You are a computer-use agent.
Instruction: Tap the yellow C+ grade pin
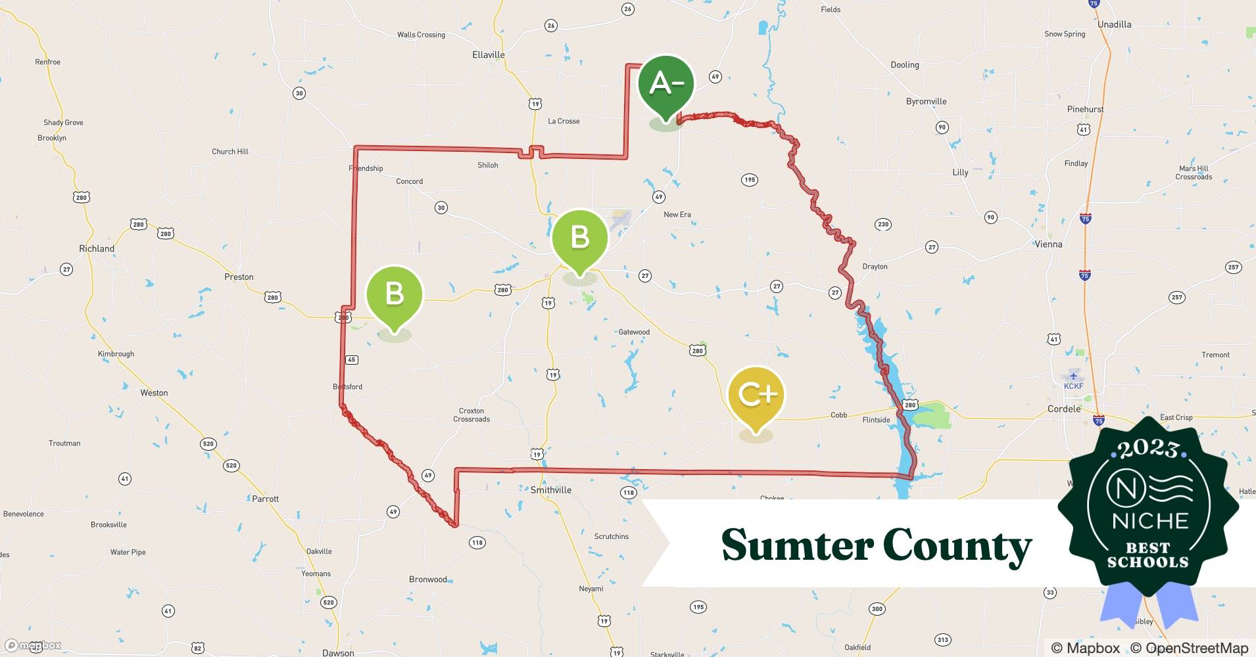756,396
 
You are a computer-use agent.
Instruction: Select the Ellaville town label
488,55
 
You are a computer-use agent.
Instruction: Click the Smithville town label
551,490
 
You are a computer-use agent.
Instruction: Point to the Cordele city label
1063,409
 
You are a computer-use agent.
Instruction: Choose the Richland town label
97,248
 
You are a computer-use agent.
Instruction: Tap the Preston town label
239,277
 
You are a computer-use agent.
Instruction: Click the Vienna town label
1048,244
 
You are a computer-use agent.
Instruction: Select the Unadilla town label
1114,24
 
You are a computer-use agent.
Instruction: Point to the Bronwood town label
428,579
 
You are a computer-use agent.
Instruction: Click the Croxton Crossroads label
471,415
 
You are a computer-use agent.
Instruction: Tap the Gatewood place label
634,332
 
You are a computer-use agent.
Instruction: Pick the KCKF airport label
1073,386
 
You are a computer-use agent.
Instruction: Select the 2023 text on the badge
1149,449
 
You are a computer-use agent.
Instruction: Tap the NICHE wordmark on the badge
1150,521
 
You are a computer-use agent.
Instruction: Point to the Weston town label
154,393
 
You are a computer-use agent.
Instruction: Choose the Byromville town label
926,101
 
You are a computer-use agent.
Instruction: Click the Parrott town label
265,499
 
